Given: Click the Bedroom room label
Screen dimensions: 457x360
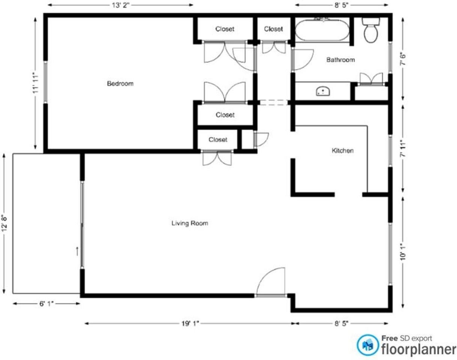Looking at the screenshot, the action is (120, 84).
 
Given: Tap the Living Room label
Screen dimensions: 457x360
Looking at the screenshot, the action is (190, 223).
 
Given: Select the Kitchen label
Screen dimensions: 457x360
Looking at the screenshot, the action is (343, 151).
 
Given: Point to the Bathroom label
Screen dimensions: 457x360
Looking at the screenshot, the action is (341, 60).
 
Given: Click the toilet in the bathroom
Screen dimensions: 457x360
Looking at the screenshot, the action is (371, 30).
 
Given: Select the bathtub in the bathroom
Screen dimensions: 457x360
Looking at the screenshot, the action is (322, 30).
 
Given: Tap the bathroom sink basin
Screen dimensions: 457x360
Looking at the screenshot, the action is (323, 91).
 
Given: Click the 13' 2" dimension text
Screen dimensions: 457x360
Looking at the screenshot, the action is (120, 5).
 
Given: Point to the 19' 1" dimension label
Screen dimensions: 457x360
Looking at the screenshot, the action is (190, 324).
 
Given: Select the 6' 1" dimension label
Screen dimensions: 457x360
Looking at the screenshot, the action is (46, 304).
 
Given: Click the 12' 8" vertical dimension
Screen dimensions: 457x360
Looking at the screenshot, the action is (4, 224).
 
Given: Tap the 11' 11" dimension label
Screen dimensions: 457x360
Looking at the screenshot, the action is (35, 84).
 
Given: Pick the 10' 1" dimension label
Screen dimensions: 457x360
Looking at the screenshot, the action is (403, 253).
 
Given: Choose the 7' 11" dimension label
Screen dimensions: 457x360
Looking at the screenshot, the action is (403, 148).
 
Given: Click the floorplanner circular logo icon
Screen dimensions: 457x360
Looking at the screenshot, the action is (368, 345).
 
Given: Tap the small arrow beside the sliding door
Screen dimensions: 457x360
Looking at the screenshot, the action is (77, 251).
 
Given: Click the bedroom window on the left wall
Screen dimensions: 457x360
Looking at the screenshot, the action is (45, 82).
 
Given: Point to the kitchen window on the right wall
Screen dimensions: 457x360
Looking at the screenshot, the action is (390, 151).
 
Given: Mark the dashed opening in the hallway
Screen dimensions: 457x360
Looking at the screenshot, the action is (274, 102).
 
